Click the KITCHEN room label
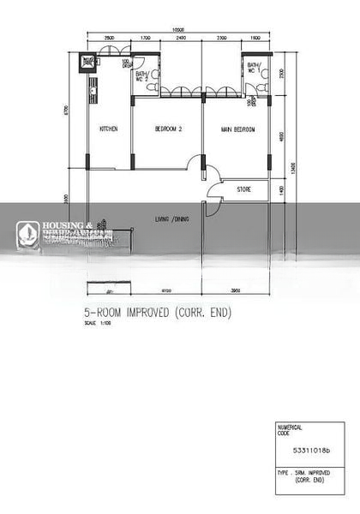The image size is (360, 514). click(109, 129)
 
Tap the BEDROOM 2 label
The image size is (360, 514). click(168, 129)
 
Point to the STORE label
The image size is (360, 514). click(244, 188)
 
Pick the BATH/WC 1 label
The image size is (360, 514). click(254, 68)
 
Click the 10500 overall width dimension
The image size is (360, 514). click(179, 31)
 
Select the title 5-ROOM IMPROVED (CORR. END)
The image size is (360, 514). click(158, 313)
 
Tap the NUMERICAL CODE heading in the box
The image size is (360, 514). click(291, 430)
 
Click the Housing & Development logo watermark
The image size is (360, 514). click(60, 231)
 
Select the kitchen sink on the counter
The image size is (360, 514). click(92, 86)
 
